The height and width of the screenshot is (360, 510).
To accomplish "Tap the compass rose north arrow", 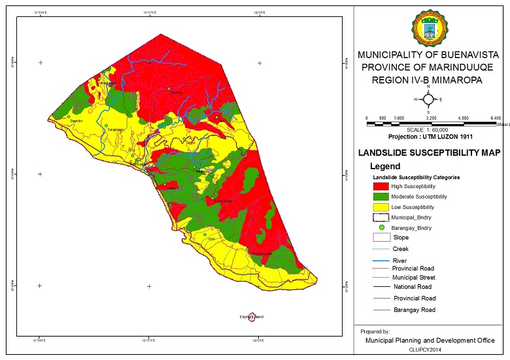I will [428, 99].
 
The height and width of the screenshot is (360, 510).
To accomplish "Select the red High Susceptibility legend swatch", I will [380, 186].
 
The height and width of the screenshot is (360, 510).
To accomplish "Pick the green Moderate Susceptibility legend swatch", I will [380, 197].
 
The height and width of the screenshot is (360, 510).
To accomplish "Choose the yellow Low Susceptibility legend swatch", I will [380, 207].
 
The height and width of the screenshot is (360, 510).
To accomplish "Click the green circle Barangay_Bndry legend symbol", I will [381, 227].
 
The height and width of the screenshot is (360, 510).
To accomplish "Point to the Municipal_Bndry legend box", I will [380, 217].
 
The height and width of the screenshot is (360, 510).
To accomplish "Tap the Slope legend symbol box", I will [380, 238].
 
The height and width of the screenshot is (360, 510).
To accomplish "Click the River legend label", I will [400, 261].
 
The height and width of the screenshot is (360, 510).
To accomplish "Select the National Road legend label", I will [412, 287].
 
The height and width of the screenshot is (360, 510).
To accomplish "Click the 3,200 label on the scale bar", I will [431, 118].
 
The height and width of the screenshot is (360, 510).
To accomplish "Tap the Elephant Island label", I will [251, 317].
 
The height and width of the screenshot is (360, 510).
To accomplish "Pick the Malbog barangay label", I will [176, 93].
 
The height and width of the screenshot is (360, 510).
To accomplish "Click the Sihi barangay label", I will [131, 150].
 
